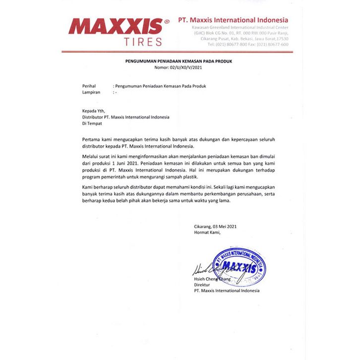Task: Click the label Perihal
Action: pyautogui.click(x=89, y=86)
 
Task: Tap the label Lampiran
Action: pyautogui.click(x=92, y=92)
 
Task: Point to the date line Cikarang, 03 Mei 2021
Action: pyautogui.click(x=215, y=226)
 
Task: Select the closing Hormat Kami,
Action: pyautogui.click(x=207, y=232)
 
